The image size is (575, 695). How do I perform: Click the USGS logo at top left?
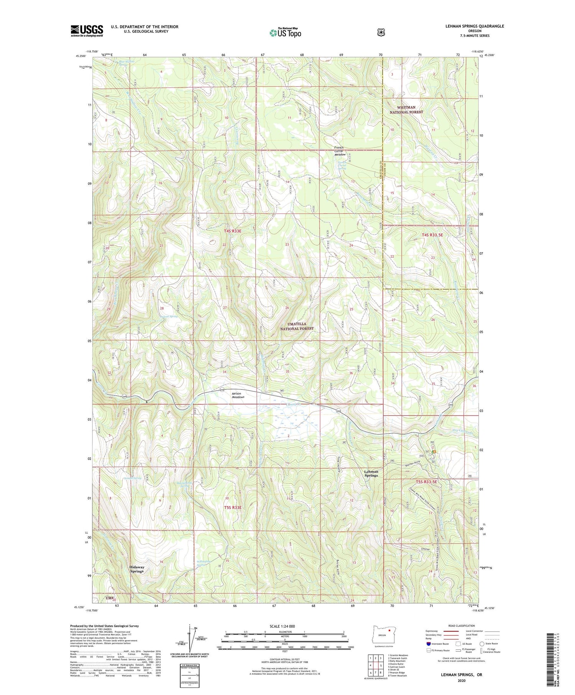(87, 31)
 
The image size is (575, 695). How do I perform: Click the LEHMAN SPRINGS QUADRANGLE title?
(473, 26)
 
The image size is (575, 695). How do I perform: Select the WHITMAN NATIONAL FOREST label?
(406, 110)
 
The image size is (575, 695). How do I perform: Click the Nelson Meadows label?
(238, 395)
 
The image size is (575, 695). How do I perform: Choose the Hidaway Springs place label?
(137, 569)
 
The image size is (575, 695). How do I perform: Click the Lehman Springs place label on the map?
(371, 473)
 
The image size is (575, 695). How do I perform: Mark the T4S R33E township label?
(233, 231)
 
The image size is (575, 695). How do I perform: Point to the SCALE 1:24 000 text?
(285, 626)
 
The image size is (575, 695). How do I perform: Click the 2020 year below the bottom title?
(461, 680)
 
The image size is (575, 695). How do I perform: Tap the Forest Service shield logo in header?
(381, 33)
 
